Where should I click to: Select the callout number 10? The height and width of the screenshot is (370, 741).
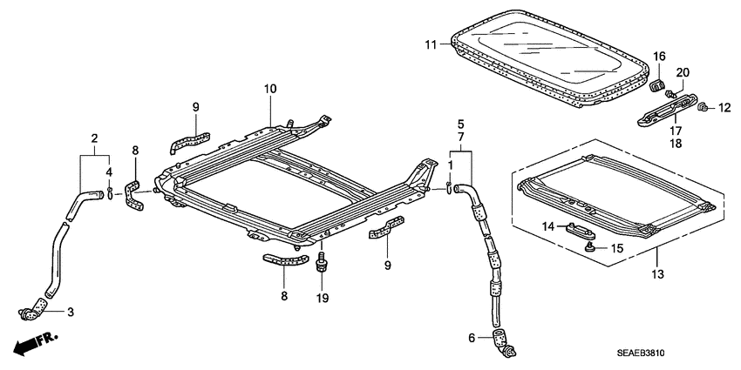point(270,89)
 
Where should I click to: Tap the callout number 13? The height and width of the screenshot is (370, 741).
point(656,274)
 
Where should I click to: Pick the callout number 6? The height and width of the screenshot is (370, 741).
point(472,339)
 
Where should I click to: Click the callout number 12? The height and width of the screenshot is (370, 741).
point(723,108)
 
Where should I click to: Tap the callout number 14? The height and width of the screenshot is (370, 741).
point(547,226)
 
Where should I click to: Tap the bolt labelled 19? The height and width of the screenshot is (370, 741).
point(322,263)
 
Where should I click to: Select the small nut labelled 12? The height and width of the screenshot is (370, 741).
point(703,107)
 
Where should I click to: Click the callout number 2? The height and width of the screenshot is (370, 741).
point(94,137)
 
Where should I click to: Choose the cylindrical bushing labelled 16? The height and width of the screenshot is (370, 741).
point(657,85)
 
